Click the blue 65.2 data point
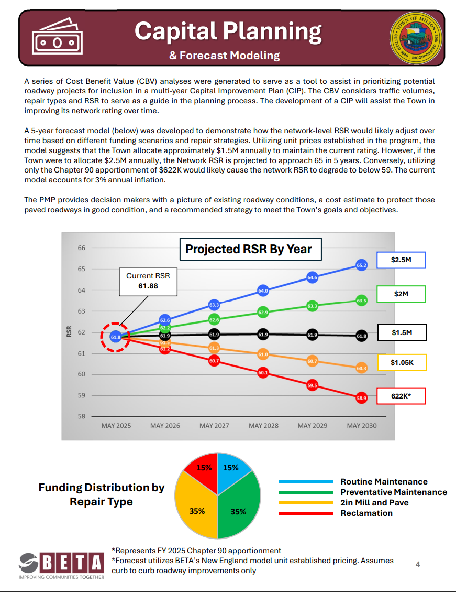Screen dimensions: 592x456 (362, 265)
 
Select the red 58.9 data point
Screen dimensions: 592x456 (362, 399)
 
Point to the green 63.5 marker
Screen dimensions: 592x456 (362, 300)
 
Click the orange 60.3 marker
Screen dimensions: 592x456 (362, 368)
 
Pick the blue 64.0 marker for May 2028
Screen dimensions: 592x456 (263, 290)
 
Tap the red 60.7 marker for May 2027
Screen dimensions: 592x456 (214, 361)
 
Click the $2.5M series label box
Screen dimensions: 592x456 (401, 260)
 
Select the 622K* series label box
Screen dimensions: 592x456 (401, 396)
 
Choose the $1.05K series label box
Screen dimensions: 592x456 (401, 362)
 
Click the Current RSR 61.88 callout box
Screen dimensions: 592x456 (148, 281)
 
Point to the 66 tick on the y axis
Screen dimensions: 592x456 (81, 248)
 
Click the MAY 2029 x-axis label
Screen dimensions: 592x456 (312, 426)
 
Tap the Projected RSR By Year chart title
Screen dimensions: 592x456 (248, 250)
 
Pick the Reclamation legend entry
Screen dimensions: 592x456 (366, 513)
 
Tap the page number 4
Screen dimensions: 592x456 (418, 564)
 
